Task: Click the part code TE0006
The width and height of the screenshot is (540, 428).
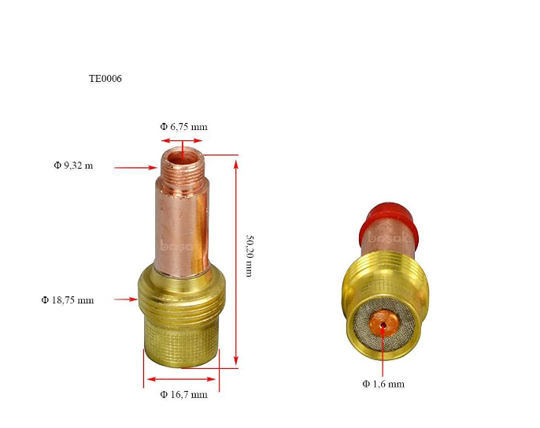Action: pos(105,79)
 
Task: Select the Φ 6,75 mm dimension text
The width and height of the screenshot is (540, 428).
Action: pos(184,127)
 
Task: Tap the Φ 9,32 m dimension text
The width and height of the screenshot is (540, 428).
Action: pos(73,166)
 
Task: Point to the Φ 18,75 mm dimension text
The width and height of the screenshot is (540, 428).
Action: pos(68,300)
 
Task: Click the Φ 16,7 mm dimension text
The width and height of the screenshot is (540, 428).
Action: pos(184,394)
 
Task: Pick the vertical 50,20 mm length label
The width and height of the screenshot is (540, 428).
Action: pos(250,256)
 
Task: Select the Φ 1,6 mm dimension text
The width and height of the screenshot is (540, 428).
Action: pos(383,384)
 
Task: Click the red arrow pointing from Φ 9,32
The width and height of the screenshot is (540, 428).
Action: pos(135,168)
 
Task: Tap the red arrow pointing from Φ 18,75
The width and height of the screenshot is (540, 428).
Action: pos(126,300)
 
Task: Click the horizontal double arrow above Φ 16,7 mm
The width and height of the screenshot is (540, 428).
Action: pos(182,379)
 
